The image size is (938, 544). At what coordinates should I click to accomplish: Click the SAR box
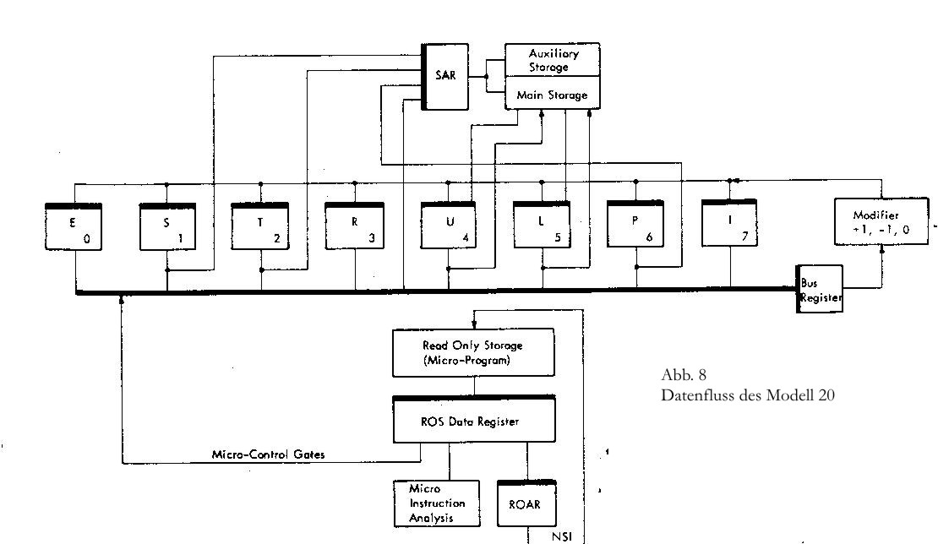tap(445, 77)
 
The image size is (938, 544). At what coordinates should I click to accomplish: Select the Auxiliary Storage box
tap(552, 59)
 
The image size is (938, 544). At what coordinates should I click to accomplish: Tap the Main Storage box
tap(552, 93)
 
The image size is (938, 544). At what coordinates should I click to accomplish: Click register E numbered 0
tap(74, 226)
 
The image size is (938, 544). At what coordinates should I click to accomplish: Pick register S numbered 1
tap(167, 226)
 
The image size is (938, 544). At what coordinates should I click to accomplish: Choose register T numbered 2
tap(260, 226)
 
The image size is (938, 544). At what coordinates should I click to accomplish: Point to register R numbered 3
tap(355, 226)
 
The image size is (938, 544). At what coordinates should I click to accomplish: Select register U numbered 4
tap(449, 225)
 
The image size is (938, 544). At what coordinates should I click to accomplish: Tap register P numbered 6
tap(635, 224)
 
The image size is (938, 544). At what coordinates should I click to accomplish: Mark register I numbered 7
tap(729, 222)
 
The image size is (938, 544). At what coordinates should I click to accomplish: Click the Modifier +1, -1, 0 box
tap(881, 221)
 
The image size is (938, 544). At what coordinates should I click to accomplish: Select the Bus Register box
tap(820, 289)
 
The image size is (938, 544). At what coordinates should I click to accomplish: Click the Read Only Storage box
tap(473, 353)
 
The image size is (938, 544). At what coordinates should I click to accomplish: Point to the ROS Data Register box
tap(474, 419)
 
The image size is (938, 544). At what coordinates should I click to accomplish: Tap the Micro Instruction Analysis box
tap(437, 503)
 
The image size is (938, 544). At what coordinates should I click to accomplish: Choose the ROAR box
tap(527, 503)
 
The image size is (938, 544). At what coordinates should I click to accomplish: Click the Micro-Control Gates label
tap(268, 454)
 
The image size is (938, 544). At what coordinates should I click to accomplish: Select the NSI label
tap(562, 536)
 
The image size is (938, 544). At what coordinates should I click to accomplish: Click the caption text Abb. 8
tap(684, 375)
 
